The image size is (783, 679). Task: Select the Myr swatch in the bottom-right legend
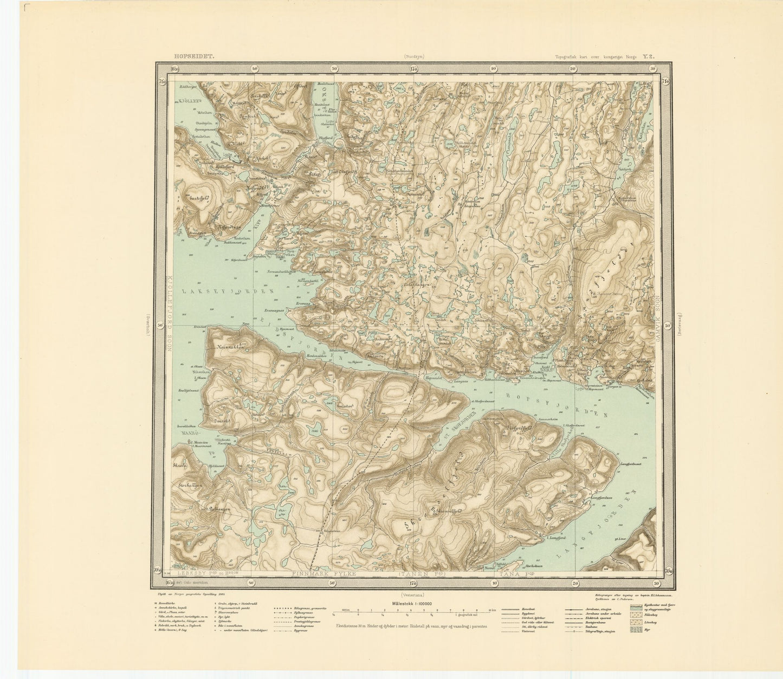pyautogui.click(x=637, y=629)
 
